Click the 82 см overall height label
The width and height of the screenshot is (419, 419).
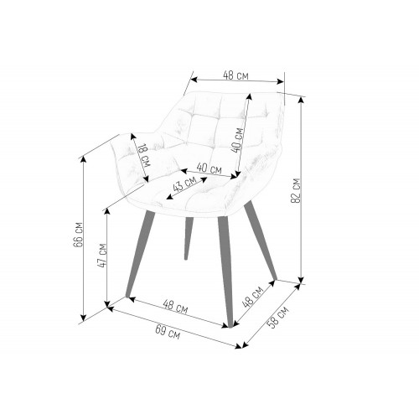(x=296, y=191)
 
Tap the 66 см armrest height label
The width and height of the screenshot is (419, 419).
(x=78, y=235)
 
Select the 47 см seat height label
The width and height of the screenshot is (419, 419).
(x=102, y=256)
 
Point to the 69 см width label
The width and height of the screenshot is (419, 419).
(x=168, y=332)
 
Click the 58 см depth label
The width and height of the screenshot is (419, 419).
(x=277, y=318)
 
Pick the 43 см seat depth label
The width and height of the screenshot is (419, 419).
(x=184, y=184)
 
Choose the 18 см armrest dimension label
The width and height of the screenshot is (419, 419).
(x=144, y=155)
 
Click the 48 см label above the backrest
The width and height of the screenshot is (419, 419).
(x=235, y=75)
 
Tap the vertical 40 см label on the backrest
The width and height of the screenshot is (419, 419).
(x=237, y=140)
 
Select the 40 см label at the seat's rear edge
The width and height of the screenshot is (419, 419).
(x=209, y=168)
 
